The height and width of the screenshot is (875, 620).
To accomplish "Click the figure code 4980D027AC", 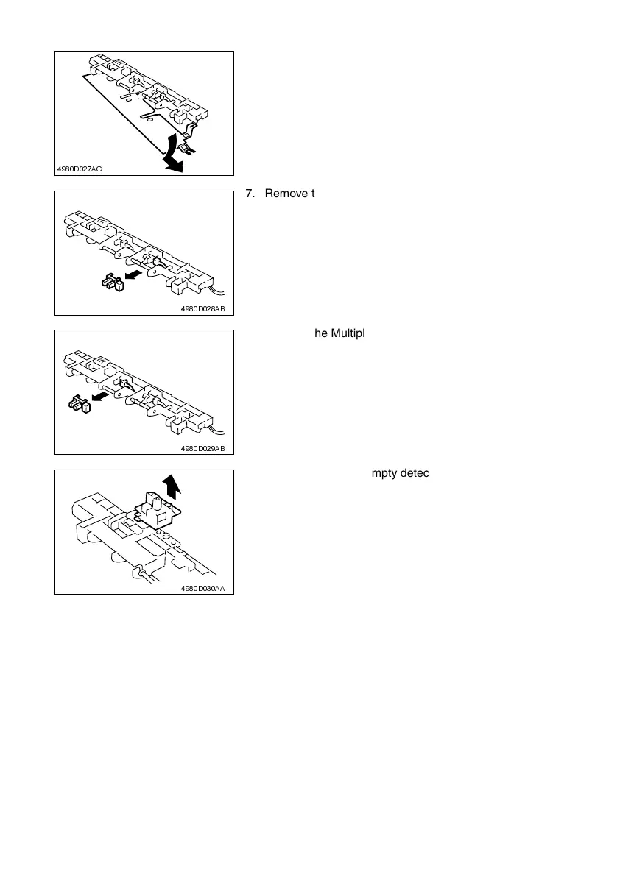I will click(x=80, y=169).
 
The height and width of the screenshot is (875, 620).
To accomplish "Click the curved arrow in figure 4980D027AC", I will click(x=172, y=154).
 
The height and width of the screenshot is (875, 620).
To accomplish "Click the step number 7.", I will click(x=247, y=194).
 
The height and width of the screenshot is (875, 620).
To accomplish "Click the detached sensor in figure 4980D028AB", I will click(x=112, y=282).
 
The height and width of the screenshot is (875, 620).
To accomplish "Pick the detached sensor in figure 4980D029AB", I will click(x=79, y=404).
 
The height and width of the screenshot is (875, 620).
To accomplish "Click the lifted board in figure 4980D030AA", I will click(x=156, y=510).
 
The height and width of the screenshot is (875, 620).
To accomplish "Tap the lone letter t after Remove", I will click(x=312, y=194).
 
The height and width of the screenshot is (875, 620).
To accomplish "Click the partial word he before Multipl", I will click(x=321, y=333).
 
